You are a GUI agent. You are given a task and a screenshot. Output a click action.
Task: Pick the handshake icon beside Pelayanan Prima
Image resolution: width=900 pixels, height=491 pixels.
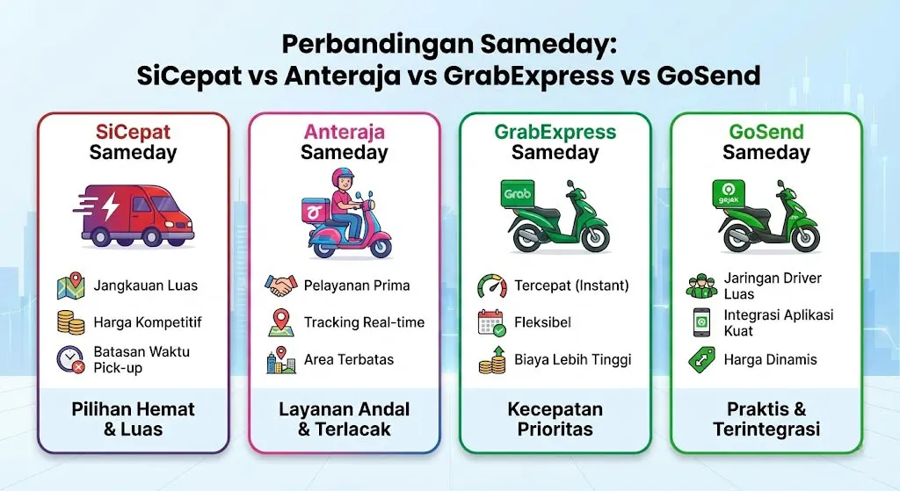click(x=281, y=285)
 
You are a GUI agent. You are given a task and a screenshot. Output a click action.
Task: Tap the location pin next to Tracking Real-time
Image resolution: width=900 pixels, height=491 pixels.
click(x=281, y=322)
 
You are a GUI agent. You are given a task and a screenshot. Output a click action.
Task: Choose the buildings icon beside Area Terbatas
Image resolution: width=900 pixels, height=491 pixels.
click(x=281, y=360)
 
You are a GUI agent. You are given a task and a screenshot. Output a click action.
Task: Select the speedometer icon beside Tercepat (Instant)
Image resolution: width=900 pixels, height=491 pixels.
click(x=492, y=285)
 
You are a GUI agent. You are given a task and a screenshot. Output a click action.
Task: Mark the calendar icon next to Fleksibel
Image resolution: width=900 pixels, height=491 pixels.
click(x=492, y=322)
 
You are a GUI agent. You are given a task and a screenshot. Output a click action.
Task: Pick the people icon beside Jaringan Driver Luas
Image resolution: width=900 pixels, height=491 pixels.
click(x=703, y=285)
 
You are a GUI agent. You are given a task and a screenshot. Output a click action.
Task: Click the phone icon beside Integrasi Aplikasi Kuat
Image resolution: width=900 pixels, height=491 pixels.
click(x=703, y=322)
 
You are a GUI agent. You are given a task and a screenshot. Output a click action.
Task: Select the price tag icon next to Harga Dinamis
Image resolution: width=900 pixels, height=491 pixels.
click(x=703, y=360)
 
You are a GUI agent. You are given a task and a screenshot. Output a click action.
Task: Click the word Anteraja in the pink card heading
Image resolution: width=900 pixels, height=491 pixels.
click(x=345, y=132)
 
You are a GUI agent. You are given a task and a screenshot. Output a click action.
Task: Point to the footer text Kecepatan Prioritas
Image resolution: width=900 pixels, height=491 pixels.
click(x=555, y=420)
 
